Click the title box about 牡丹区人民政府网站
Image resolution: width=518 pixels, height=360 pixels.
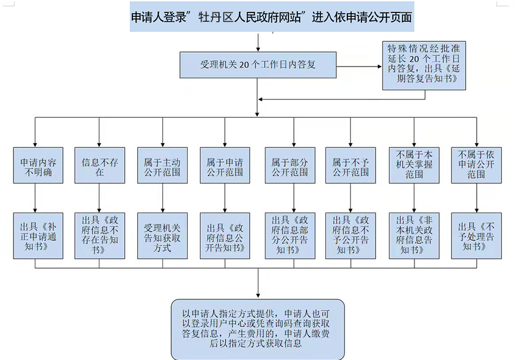point(271,18)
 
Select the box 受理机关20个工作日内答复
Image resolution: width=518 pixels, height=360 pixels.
point(258,65)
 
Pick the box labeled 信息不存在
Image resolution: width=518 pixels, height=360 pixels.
point(100,166)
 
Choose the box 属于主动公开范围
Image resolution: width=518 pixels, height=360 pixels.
point(162,166)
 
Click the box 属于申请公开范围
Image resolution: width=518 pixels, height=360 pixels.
point(225,166)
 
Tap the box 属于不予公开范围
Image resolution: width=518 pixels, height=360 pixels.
point(350,166)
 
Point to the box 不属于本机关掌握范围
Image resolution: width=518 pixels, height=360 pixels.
point(414,166)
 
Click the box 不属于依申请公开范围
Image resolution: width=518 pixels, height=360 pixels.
point(476,166)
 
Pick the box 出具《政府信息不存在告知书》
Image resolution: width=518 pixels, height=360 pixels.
point(100,235)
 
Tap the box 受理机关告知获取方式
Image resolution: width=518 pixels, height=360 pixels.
point(162,235)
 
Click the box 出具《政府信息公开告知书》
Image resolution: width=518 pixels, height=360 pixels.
point(225,235)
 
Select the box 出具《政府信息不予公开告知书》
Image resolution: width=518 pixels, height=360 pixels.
point(350,235)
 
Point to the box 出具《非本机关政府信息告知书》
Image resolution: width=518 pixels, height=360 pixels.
point(414,235)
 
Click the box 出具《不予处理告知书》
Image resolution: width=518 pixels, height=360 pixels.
point(476,235)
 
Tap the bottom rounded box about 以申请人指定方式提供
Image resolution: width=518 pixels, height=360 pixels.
point(258,329)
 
